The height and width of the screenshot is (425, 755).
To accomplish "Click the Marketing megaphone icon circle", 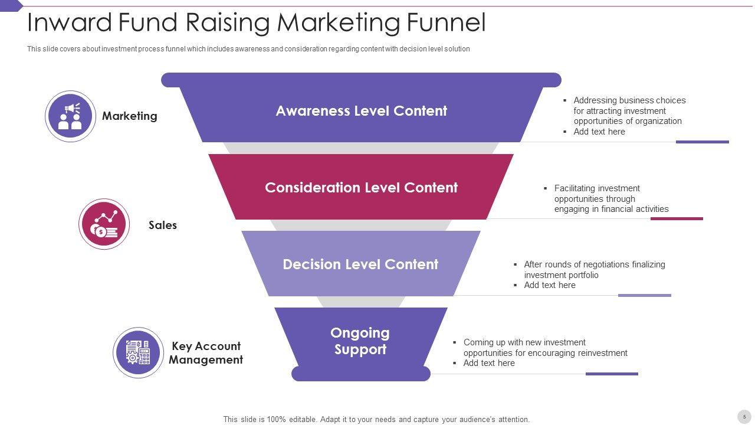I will coord(71,116).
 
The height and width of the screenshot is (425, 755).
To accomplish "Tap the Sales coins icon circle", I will coord(104,224).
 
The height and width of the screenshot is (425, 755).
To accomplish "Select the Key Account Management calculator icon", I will coord(138,352).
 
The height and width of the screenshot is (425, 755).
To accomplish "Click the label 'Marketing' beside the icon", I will coord(130,116).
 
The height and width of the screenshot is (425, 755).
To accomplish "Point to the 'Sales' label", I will coord(163,225).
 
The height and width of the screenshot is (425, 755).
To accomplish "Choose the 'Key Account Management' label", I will coord(206,353).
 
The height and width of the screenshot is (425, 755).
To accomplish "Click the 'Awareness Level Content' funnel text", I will coord(361,111).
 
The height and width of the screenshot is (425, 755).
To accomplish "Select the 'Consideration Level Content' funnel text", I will coord(361,188).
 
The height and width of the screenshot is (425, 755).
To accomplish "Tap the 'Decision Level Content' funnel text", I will coord(360,264).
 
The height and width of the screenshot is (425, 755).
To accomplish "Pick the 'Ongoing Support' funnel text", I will coord(360,341).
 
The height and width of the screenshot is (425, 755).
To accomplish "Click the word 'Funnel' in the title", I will coord(446,23).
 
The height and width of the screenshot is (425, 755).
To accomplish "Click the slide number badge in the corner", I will coord(744,417).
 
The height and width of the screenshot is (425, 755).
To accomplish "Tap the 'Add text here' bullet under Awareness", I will coord(599,132).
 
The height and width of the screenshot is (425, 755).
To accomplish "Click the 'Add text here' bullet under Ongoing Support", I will coord(489,363).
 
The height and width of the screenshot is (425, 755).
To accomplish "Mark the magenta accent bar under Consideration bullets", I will coord(677,218).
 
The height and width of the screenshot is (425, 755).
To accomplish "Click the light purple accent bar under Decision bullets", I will coord(644,295).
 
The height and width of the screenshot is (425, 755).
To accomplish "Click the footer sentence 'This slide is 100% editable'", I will coord(376,420).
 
